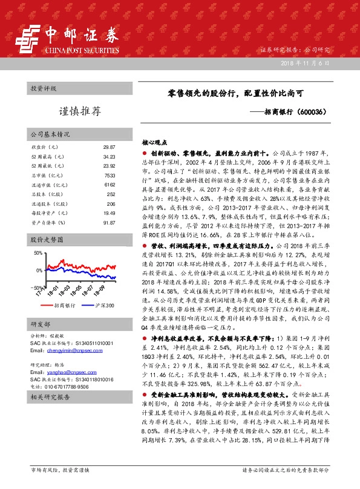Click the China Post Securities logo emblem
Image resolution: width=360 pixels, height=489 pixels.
tap(25, 37)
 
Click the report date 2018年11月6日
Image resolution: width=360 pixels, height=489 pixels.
tap(306, 63)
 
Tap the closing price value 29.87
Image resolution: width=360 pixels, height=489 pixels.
tap(109, 147)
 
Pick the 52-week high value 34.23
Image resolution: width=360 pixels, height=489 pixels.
tap(109, 157)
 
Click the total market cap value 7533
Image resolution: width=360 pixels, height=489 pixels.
tap(110, 176)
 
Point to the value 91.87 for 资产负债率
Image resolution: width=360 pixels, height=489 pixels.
tap(109, 222)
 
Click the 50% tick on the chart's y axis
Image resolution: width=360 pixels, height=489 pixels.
tap(38, 253)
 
